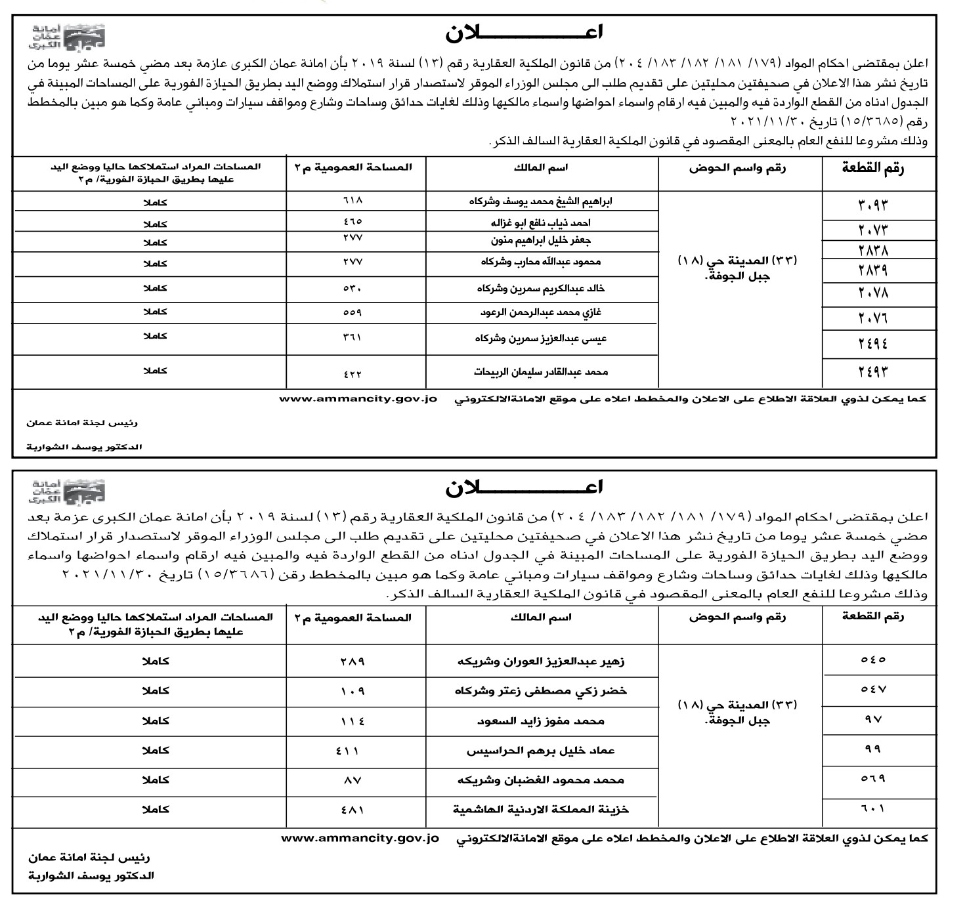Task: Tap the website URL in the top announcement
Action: [x=358, y=398]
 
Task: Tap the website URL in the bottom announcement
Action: [x=360, y=838]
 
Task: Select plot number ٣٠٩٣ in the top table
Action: [x=872, y=205]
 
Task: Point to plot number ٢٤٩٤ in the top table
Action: [x=872, y=343]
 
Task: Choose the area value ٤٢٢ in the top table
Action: [x=352, y=374]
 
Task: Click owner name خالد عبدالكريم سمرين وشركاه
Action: [x=541, y=288]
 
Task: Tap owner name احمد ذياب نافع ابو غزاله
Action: [x=541, y=223]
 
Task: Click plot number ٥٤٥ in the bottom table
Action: [x=872, y=659]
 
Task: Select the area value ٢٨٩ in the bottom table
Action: [x=352, y=661]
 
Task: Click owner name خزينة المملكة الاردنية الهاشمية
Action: [x=541, y=810]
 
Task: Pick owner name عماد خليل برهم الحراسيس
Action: [x=541, y=750]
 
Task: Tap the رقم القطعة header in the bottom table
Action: [x=872, y=616]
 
